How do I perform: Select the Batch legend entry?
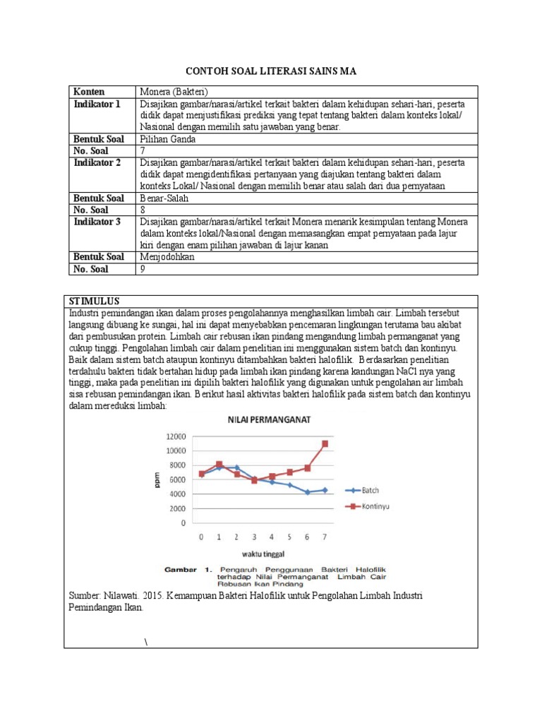[x=370, y=490]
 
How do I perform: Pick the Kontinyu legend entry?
[x=375, y=506]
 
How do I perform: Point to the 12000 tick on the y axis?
[x=176, y=436]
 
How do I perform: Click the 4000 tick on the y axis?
[x=178, y=494]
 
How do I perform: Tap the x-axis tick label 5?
[x=289, y=537]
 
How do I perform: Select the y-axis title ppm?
[x=157, y=479]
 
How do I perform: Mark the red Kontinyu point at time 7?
[x=325, y=443]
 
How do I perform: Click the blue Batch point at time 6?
[x=307, y=492]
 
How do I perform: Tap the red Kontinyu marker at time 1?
[x=219, y=465]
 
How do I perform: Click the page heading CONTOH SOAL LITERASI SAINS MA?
[x=271, y=71]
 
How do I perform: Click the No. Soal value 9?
[x=143, y=268]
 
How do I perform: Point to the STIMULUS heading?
[x=95, y=301]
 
